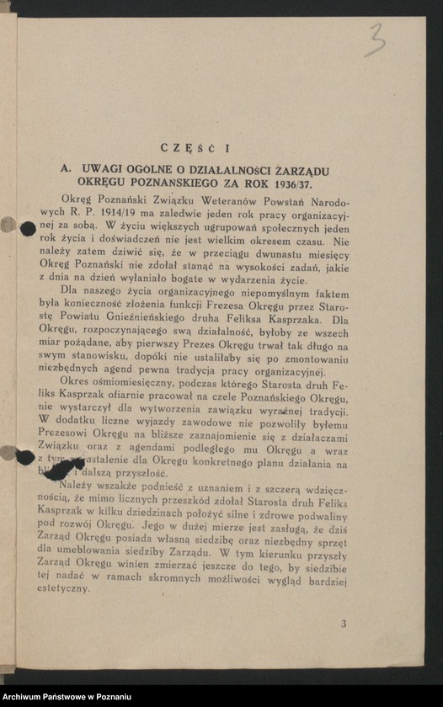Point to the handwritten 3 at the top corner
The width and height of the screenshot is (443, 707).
[x=376, y=39]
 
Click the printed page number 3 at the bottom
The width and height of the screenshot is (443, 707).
[x=344, y=624]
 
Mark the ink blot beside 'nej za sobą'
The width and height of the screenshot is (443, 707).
[x=27, y=229]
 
